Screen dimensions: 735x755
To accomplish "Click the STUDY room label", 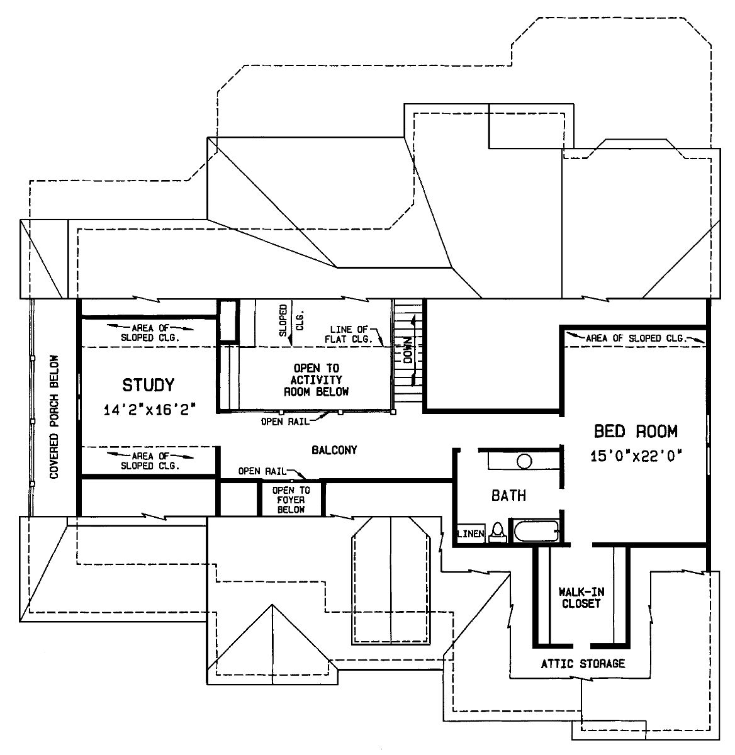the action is click(x=149, y=385).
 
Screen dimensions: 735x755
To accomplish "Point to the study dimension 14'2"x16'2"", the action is click(x=149, y=410).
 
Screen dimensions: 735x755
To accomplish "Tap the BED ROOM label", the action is click(x=636, y=431).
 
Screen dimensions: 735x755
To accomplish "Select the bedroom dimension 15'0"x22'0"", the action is click(x=636, y=456).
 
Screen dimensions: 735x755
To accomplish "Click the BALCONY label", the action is click(x=335, y=450).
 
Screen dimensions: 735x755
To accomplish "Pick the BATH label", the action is click(x=508, y=495).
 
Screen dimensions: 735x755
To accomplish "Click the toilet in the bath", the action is click(x=498, y=532).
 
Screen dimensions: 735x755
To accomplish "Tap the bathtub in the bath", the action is click(x=536, y=531).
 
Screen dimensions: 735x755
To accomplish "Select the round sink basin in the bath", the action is click(x=524, y=461).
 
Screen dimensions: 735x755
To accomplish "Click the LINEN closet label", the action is click(x=471, y=534).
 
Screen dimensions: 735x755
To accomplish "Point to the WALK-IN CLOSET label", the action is click(x=581, y=598).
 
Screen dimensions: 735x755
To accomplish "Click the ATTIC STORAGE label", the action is click(x=583, y=664).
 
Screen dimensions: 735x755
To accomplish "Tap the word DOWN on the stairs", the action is click(x=408, y=350).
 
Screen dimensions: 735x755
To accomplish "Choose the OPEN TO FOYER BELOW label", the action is click(x=291, y=500).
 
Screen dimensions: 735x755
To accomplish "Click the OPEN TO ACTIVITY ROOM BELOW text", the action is click(x=317, y=380).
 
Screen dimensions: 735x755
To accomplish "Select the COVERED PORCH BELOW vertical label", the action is click(x=54, y=417).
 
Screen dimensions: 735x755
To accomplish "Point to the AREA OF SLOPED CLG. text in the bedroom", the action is click(x=636, y=338).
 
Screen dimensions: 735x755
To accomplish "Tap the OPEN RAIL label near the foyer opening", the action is click(x=262, y=471).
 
